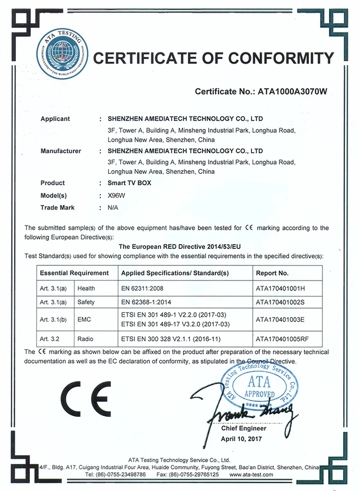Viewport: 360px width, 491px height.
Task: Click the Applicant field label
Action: tap(55, 119)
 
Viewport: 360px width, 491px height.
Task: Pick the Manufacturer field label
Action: tap(61, 151)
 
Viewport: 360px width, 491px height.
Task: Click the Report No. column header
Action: tap(272, 273)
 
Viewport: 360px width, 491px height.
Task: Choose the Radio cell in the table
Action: tap(86, 339)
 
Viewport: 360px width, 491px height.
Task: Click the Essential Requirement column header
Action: tap(74, 273)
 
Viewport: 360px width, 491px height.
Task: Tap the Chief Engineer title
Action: tap(244, 428)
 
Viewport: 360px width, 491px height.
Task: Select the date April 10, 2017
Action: tap(241, 439)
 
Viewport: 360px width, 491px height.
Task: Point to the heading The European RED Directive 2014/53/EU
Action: tap(179, 247)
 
